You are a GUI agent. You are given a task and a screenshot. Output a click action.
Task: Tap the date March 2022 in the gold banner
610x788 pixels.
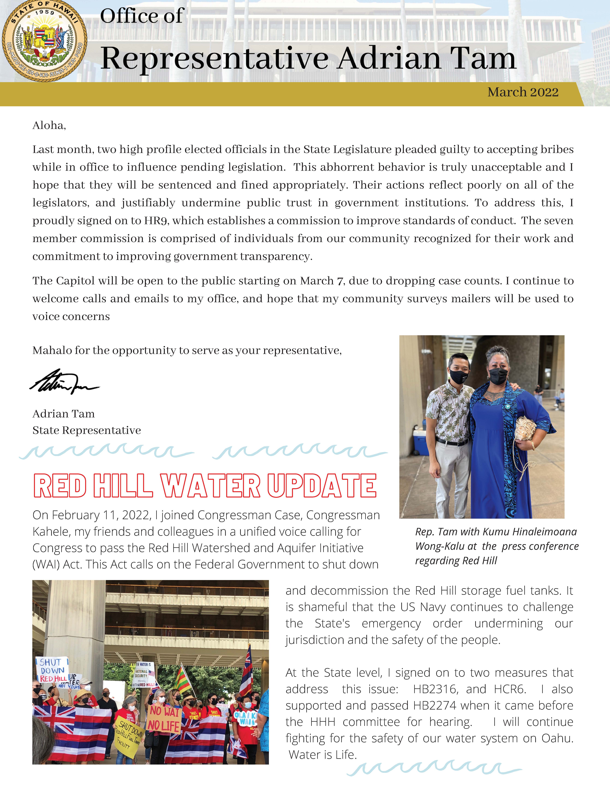[x=523, y=92]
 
